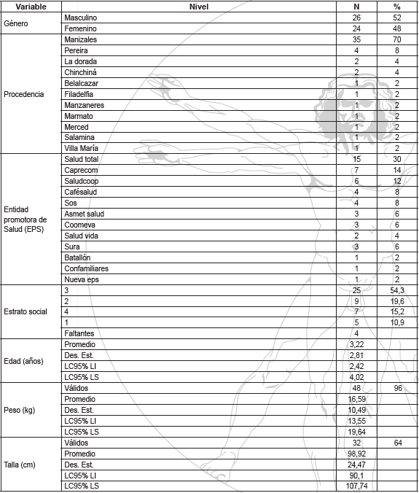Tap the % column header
(x=397, y=6)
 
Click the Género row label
(x=17, y=23)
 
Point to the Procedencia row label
(x=24, y=94)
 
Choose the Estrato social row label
(x=26, y=311)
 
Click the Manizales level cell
(x=80, y=39)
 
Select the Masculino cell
(x=80, y=17)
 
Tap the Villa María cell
(x=82, y=149)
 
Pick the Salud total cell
(x=82, y=160)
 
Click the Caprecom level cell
(x=81, y=171)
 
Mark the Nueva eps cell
(x=82, y=279)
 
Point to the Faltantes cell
(x=79, y=333)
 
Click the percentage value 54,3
(x=397, y=290)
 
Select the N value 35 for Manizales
(x=356, y=39)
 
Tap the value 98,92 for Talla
(x=358, y=454)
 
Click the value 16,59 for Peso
(x=358, y=399)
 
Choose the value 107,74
(x=359, y=486)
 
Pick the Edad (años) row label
(x=23, y=361)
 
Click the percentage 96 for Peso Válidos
(x=398, y=389)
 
